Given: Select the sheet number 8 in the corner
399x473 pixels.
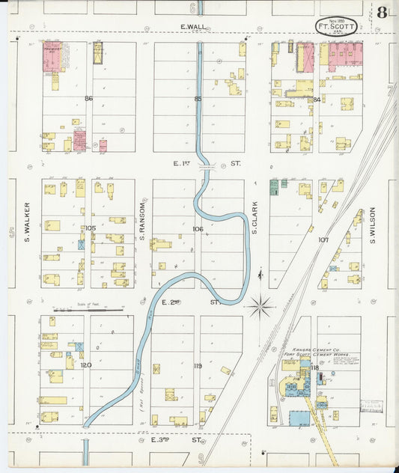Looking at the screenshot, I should (x=383, y=13).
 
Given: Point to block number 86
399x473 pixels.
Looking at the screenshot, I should (x=88, y=98).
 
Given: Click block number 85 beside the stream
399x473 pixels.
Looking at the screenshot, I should (x=198, y=98).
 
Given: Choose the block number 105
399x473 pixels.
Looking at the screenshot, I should (x=90, y=228).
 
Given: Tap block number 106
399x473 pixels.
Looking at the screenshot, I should (x=198, y=229).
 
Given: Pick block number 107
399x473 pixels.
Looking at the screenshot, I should (x=323, y=239).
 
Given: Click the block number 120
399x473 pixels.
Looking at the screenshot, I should (x=86, y=364).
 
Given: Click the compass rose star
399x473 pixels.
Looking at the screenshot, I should (x=261, y=305).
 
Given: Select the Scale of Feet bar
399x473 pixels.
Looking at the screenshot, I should (x=82, y=308).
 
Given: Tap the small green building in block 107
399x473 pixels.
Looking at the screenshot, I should (x=274, y=185).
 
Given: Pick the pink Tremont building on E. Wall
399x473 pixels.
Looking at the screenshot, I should (x=52, y=56).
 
